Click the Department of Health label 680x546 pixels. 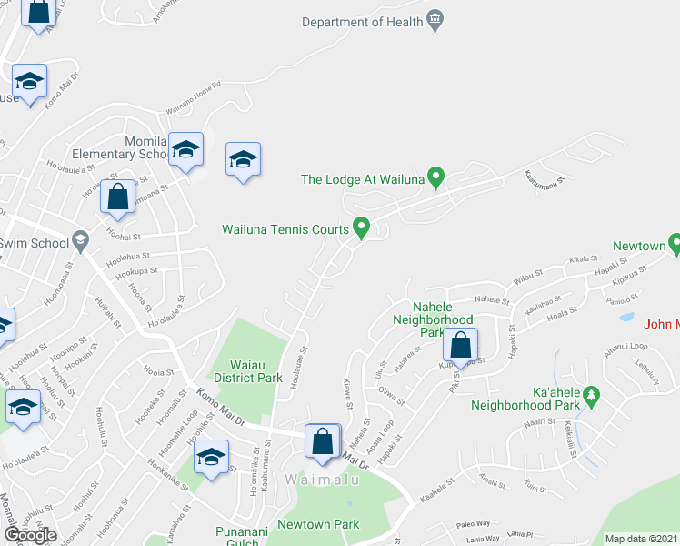363,21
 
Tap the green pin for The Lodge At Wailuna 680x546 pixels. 435,178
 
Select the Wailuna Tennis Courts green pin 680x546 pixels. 361,227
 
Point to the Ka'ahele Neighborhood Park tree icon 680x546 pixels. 593,394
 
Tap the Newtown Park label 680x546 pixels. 318,524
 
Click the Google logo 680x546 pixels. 30,535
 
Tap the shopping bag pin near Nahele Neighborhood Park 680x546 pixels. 461,347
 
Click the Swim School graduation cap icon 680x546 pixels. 80,240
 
